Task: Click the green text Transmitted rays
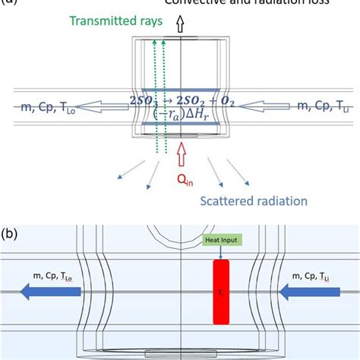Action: pos(116,22)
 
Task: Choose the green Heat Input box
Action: pos(220,241)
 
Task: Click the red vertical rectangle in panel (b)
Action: pos(221,292)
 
